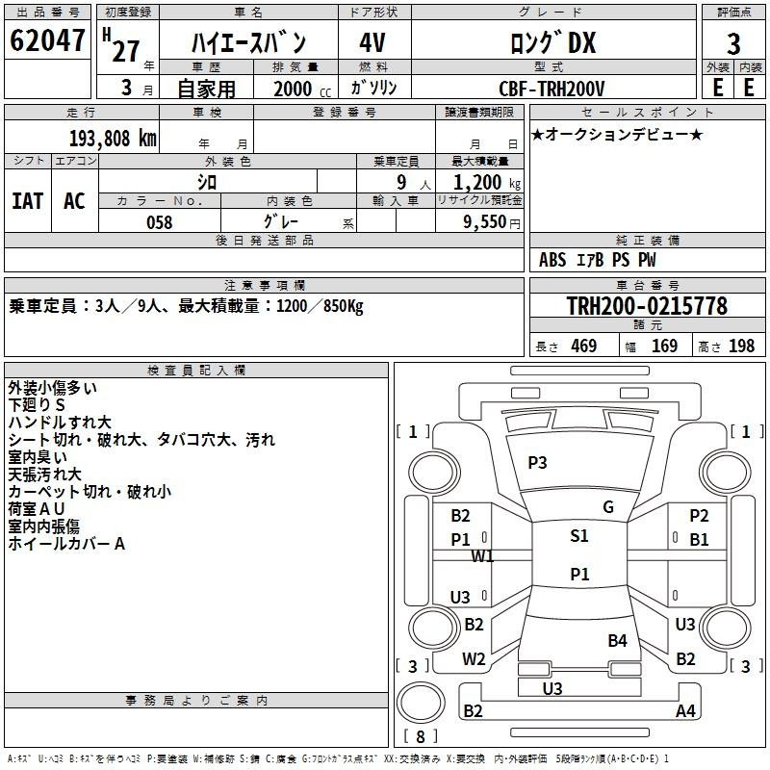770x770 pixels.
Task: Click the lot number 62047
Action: click(47, 39)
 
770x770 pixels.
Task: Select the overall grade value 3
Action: click(733, 43)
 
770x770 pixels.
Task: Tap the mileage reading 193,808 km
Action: click(113, 139)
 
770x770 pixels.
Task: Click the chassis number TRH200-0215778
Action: click(647, 305)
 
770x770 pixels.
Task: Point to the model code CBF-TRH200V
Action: click(552, 89)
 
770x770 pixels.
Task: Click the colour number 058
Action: click(160, 222)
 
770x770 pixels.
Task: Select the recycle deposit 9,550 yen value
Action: click(492, 222)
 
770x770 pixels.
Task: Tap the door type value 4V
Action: click(372, 42)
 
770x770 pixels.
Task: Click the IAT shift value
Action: click(28, 201)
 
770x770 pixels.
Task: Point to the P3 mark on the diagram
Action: click(537, 463)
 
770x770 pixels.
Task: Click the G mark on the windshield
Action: click(608, 507)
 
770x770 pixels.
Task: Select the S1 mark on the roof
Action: click(579, 536)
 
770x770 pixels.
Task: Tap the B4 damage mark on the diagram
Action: click(617, 641)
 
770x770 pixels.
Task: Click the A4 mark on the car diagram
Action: click(685, 710)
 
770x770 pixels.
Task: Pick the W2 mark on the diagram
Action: click(474, 659)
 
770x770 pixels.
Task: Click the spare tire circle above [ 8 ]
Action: click(421, 703)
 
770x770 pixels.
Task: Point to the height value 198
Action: click(741, 346)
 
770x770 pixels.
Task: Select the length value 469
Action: click(584, 346)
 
